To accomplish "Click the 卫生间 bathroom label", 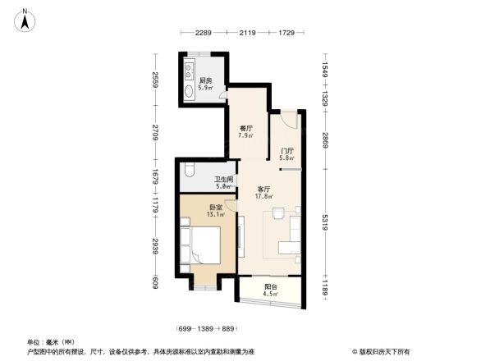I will (x=224, y=182).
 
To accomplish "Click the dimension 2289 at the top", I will (x=204, y=34).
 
